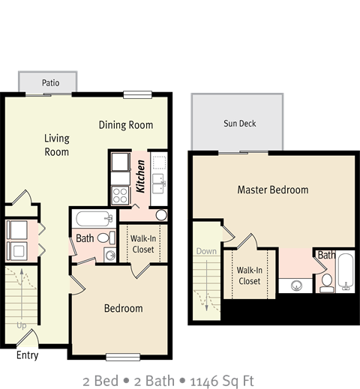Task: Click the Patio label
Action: coord(50,82)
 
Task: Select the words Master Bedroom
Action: coord(272,190)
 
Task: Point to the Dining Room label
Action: coord(126,125)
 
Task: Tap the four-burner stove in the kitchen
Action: coord(120,196)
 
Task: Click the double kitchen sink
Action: coord(158,181)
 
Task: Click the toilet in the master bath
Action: coord(326,282)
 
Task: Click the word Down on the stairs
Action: coord(206,251)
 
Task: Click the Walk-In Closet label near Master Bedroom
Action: coord(249,275)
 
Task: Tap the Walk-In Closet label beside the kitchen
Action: coord(142,244)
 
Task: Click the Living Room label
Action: coord(56,145)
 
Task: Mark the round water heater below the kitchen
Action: coord(161,215)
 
